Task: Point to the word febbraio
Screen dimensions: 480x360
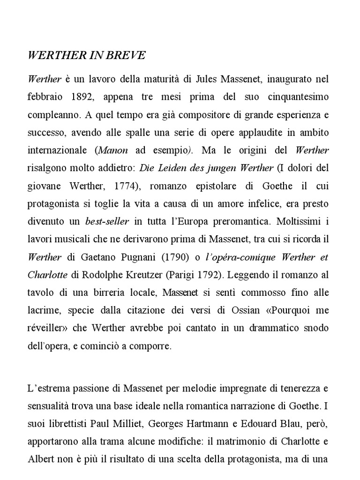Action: [x=45, y=97]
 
